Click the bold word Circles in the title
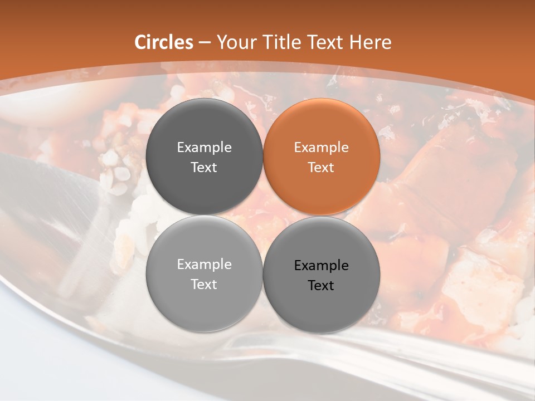163,42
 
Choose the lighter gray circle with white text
204,273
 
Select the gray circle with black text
322,275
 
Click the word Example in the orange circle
322,148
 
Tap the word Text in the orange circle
322,168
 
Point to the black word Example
322,266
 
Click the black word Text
322,286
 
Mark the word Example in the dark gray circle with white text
204,148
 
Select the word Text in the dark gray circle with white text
204,168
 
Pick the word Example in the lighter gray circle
204,265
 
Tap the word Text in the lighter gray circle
204,285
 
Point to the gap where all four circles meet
263,215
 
